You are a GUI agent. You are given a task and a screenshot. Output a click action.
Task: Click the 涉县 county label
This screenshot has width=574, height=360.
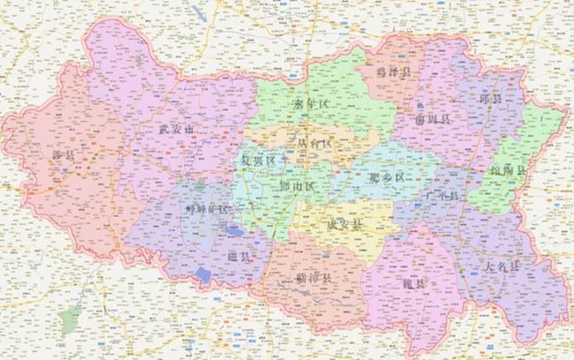[x=64, y=156]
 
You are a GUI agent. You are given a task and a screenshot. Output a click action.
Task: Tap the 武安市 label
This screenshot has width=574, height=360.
[x=175, y=130]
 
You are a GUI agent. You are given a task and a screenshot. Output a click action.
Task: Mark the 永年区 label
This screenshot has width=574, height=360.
[x=311, y=104]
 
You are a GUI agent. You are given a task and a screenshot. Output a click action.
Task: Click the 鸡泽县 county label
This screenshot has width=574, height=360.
[x=393, y=71]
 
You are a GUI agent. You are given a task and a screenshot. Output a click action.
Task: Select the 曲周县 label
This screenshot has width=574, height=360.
[x=433, y=117]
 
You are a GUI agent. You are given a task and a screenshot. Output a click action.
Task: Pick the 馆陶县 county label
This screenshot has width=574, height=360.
[x=505, y=169]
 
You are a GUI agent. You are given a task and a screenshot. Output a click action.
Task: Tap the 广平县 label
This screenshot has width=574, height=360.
[x=438, y=194]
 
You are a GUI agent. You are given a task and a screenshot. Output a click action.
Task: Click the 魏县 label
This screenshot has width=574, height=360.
[x=412, y=284]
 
